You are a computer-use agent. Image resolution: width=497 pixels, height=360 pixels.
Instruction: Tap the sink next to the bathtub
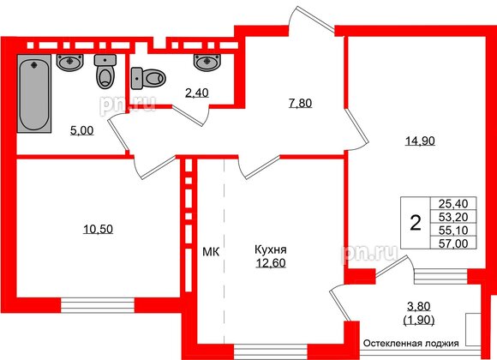click(x=69, y=61)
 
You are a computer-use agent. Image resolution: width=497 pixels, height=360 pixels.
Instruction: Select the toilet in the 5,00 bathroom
click(x=105, y=73)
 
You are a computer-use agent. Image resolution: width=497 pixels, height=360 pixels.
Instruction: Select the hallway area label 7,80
click(x=300, y=103)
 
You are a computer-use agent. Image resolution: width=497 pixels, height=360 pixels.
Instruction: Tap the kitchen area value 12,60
click(x=271, y=263)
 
